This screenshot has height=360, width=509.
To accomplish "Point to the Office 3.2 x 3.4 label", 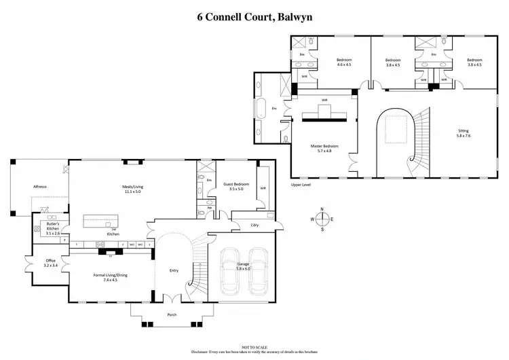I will click(x=51, y=262).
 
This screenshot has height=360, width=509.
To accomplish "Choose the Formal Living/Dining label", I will click(x=111, y=276).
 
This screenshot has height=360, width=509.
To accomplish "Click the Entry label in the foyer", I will click(x=174, y=271).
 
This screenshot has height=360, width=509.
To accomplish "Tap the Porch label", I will click(x=172, y=314).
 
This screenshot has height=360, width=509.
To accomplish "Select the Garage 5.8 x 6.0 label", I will click(x=243, y=266).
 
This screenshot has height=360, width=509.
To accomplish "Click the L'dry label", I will click(x=254, y=224).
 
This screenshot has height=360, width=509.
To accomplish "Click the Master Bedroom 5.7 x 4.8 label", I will click(x=324, y=149).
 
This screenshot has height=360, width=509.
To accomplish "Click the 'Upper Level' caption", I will click(x=300, y=184).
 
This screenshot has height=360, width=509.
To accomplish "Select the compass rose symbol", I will click(x=322, y=219).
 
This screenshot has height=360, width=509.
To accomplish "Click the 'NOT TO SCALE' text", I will click(x=254, y=346).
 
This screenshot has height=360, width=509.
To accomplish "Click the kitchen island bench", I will click(x=100, y=221).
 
